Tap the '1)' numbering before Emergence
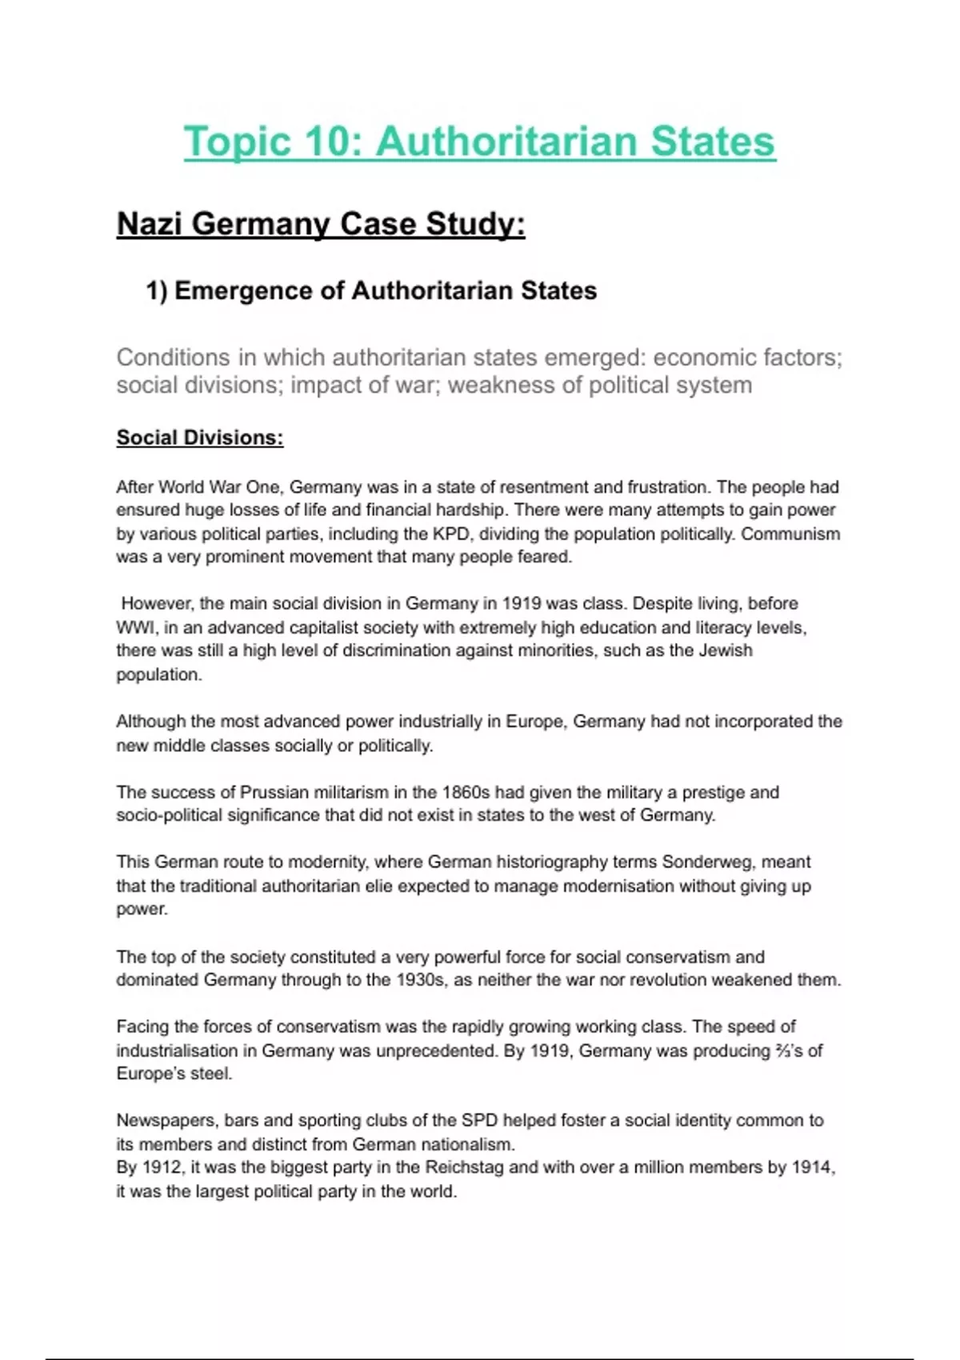pyautogui.click(x=156, y=290)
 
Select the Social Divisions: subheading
pyautogui.click(x=199, y=438)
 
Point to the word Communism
pyautogui.click(x=790, y=534)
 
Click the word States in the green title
pyautogui.click(x=712, y=142)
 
